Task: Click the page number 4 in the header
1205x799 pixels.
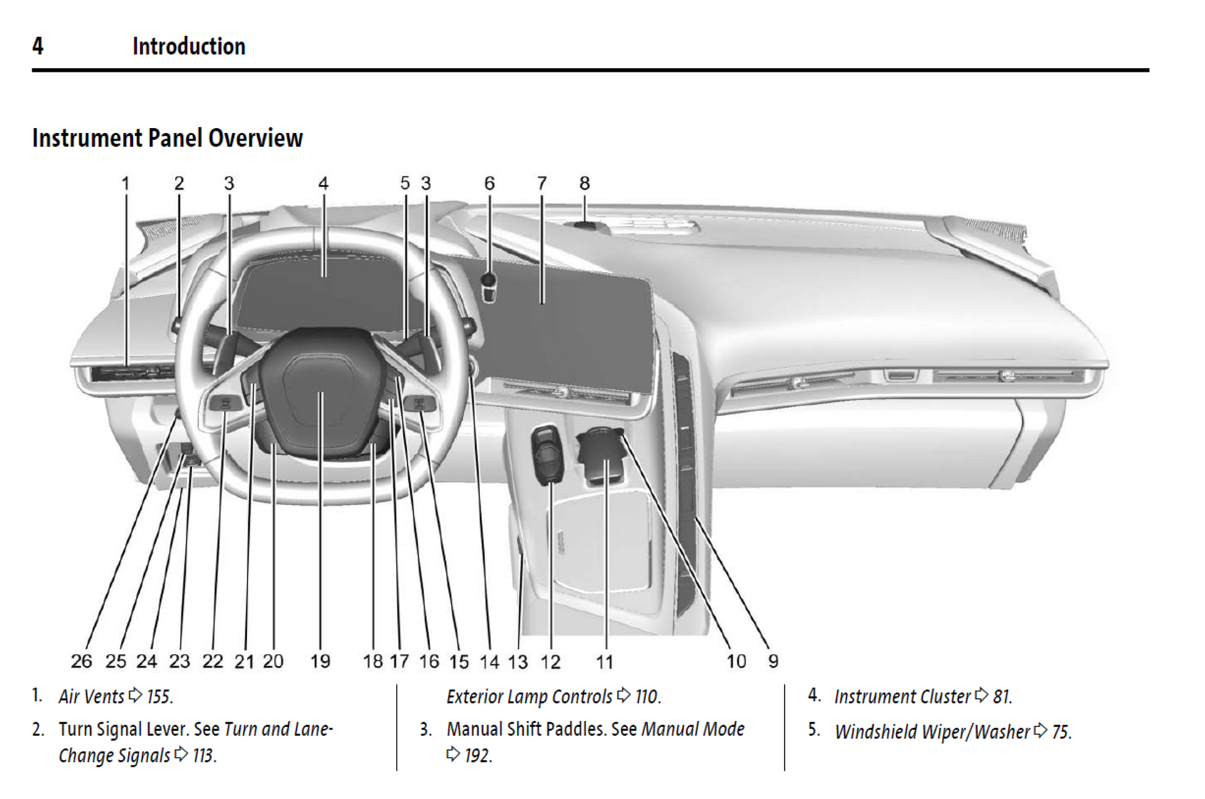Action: [38, 46]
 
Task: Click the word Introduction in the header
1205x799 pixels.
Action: [189, 46]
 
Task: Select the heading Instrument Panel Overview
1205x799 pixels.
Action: [167, 138]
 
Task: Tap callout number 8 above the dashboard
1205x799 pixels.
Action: [585, 183]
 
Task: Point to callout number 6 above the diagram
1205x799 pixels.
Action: [489, 183]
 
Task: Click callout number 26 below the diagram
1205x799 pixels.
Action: [81, 661]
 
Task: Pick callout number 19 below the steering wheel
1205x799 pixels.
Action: [320, 661]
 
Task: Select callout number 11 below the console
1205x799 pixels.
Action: [604, 662]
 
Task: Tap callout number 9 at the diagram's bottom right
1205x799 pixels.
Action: [773, 661]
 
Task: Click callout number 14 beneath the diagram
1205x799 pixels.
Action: [489, 662]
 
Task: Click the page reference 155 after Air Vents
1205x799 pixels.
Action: [159, 697]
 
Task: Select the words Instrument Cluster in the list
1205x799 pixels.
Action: [902, 697]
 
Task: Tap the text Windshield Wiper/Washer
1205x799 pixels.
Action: [932, 732]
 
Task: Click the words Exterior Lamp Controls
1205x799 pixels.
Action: [529, 697]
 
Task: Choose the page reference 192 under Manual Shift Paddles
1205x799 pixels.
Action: [477, 756]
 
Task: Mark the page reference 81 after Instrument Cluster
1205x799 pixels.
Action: [1001, 697]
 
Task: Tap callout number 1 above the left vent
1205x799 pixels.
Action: [125, 183]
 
